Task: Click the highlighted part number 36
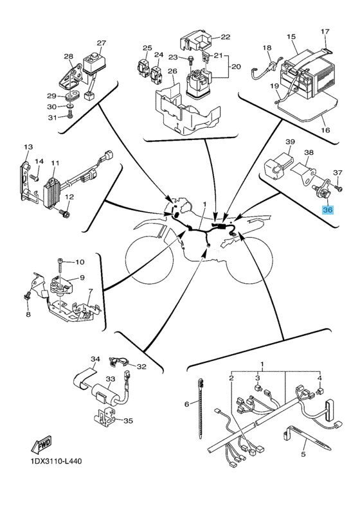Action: pyautogui.click(x=327, y=209)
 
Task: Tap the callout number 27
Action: pyautogui.click(x=101, y=43)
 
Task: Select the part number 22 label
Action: pyautogui.click(x=226, y=37)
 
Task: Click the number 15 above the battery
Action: pyautogui.click(x=291, y=37)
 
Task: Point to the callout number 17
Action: pyautogui.click(x=325, y=31)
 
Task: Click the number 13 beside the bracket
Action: pyautogui.click(x=28, y=147)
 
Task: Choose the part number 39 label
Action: pyautogui.click(x=290, y=141)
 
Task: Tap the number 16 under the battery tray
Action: pyautogui.click(x=326, y=130)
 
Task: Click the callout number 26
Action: pyautogui.click(x=172, y=71)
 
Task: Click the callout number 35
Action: pyautogui.click(x=128, y=421)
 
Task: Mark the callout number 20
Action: pyautogui.click(x=236, y=66)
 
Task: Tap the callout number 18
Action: pyautogui.click(x=267, y=48)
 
